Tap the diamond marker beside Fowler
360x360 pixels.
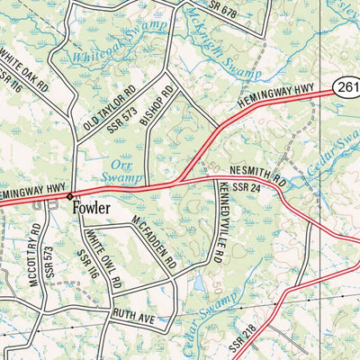(x=70, y=195)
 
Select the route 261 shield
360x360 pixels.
(x=347, y=86)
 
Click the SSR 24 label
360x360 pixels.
(x=246, y=187)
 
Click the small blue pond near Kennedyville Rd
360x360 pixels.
(x=196, y=287)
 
